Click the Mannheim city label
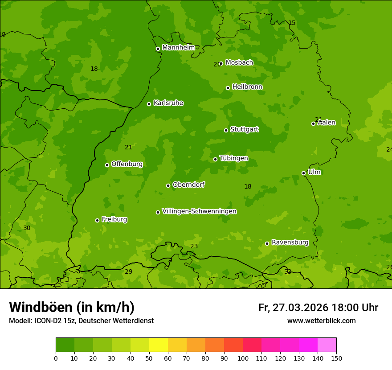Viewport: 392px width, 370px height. coord(178,48)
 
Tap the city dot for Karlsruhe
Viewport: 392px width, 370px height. coord(149,104)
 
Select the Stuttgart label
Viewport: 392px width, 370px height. coord(244,129)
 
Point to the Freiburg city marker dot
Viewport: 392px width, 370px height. coord(97,220)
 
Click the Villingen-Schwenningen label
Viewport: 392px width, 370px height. coord(199,211)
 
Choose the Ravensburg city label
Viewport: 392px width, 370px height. coord(290,243)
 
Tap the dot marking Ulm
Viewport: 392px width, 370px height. coord(303,173)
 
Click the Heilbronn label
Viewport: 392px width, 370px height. coord(247,87)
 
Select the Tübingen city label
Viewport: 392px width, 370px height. coord(234,158)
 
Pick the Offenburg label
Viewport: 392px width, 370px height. coord(127,164)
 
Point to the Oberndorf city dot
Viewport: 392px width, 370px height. coord(168,185)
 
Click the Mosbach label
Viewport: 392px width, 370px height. coord(239,63)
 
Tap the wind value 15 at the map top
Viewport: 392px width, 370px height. coord(292,23)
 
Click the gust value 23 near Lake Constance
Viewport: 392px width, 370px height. coord(194,246)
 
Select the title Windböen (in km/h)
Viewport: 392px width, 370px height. coord(72,307)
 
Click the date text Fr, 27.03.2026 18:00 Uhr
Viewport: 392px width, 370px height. coord(318,308)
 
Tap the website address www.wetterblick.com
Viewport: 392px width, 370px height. coord(321,321)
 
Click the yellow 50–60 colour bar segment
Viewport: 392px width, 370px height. coord(159,345)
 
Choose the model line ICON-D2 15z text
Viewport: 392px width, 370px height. coord(81,321)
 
